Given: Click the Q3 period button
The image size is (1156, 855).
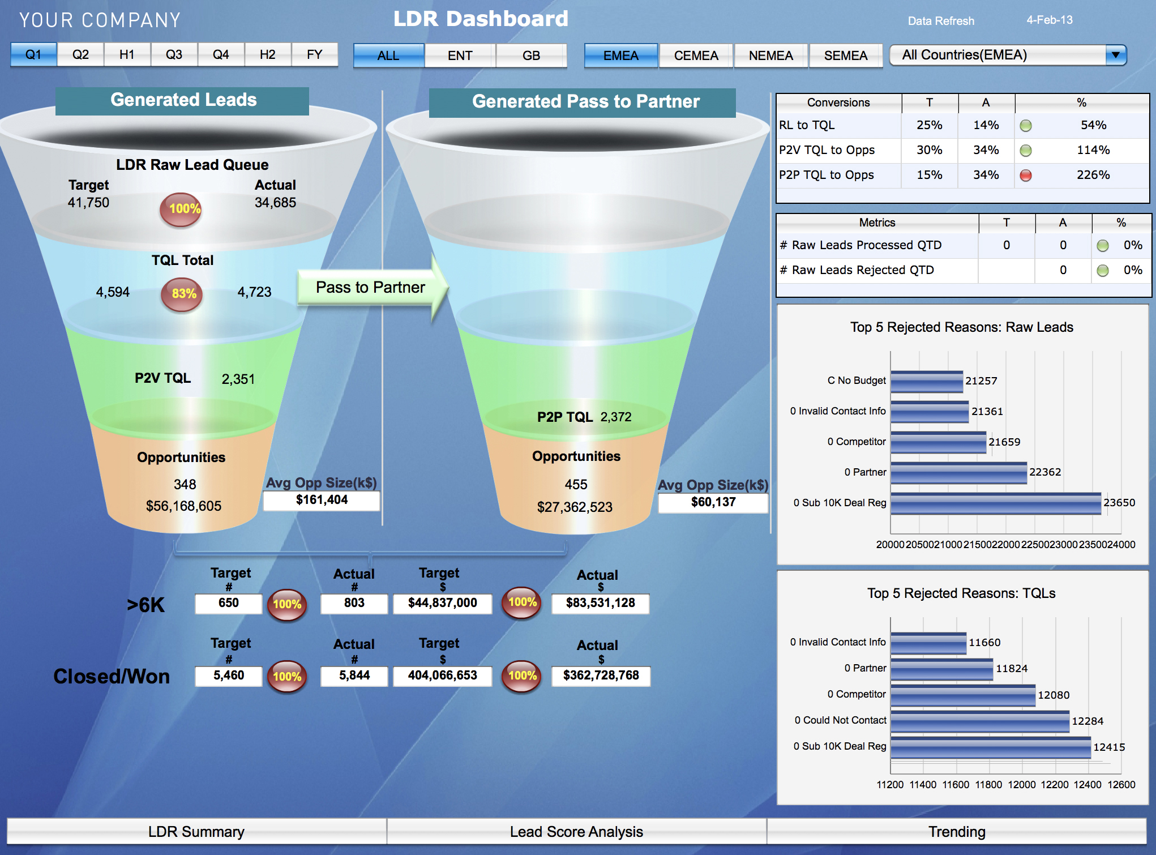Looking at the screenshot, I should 174,54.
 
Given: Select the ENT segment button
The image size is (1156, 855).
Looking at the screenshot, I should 460,55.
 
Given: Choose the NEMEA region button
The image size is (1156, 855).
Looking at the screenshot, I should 770,55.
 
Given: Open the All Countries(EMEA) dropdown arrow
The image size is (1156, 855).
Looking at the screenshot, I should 1115,55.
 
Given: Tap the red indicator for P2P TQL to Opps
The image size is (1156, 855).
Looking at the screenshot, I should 1025,175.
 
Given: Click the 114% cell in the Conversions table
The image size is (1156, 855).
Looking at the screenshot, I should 1093,150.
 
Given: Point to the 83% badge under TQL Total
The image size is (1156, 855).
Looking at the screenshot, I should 182,294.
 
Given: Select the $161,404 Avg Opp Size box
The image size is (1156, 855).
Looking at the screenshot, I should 322,500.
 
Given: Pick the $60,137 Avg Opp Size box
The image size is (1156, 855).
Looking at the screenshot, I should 713,502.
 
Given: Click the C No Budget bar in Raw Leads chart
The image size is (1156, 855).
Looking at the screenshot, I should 926,381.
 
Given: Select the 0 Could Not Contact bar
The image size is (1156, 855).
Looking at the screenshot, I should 979,721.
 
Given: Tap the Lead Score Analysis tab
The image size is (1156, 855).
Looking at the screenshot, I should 576,831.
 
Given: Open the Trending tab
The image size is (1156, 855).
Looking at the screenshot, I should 957,831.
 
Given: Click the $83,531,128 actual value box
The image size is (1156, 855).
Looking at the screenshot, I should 600,603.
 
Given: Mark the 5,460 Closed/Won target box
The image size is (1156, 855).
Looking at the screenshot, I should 229,676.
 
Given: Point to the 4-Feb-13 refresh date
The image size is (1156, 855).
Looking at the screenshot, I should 1049,20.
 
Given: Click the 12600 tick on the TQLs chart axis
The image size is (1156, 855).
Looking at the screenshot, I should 1121,784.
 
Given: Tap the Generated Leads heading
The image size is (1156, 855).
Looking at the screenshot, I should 183,100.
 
